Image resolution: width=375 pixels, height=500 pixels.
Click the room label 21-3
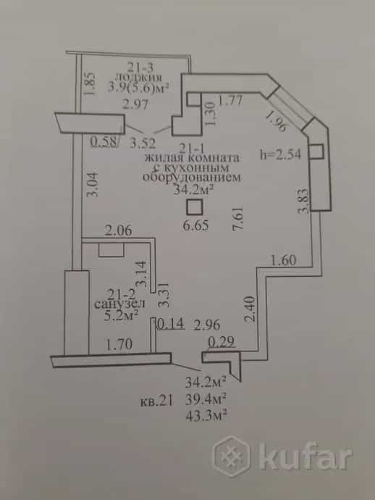point(140,67)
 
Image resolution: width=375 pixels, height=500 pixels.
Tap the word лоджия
point(138,77)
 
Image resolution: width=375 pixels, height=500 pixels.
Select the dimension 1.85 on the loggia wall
point(90,84)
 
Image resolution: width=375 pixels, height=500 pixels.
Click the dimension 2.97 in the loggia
point(135,104)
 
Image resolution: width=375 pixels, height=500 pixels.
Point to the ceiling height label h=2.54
point(281,154)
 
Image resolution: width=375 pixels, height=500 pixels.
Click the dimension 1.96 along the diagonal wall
point(276,121)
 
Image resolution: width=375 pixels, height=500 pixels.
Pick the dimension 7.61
point(238,219)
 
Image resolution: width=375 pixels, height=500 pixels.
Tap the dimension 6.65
point(196,225)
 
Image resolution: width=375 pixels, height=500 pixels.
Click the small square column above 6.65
point(194,207)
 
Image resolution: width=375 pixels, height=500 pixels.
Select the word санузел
point(119,304)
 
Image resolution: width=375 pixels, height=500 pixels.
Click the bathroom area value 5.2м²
point(121,315)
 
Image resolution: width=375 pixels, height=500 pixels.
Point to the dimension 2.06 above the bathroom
point(119,230)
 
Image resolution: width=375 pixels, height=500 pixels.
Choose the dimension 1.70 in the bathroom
point(119,344)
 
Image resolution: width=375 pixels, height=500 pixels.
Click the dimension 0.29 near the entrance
point(222,342)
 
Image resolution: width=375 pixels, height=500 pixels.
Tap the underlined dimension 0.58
point(104,142)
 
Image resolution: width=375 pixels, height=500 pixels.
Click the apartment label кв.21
point(156,401)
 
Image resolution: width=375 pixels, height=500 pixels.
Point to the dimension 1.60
point(284,260)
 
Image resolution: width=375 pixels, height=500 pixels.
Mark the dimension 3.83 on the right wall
point(303,201)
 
